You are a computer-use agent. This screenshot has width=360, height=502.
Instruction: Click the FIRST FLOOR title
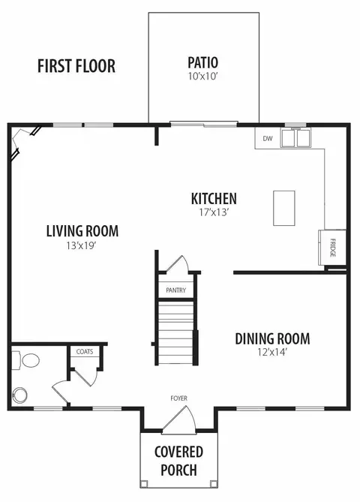coord(76,66)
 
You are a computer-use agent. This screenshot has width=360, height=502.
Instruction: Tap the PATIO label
coord(203,63)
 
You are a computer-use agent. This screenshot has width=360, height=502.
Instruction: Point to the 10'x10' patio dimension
coord(203,77)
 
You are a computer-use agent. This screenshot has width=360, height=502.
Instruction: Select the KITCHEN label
coord(214,199)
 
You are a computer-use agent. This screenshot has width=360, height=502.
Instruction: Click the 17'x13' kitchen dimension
coord(214,212)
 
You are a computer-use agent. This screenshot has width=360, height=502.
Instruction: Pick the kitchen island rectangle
coord(283,208)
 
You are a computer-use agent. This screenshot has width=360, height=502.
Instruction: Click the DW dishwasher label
coord(268,139)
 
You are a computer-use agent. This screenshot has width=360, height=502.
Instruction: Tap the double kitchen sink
coord(295,138)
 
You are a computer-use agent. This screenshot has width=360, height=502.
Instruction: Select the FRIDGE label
coord(333,248)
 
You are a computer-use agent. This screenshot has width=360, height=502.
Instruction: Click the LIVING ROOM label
coord(82,231)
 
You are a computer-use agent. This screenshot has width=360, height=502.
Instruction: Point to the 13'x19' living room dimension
coord(81,245)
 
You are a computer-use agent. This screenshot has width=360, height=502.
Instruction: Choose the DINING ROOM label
coord(272,338)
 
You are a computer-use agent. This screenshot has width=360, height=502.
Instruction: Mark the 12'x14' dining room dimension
coord(272,352)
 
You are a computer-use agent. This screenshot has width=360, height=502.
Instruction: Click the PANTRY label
coord(175,290)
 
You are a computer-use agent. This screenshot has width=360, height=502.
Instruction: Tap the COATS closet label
coord(85,351)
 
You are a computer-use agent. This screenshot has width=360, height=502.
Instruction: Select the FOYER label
coord(179,398)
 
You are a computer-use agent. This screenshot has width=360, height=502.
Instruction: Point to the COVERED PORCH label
coord(178,461)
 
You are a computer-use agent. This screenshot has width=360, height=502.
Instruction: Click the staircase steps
coord(176,332)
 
